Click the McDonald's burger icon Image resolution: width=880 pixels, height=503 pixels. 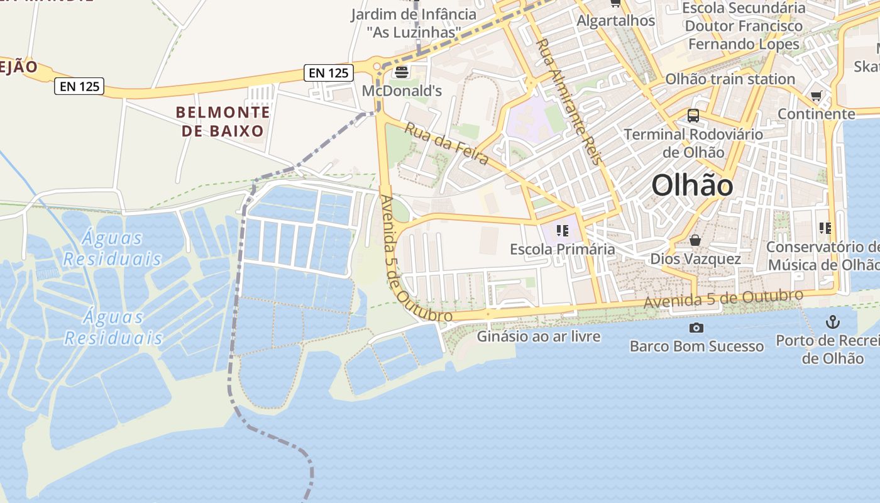pos(401,72)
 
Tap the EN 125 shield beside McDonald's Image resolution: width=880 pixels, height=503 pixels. pos(329,73)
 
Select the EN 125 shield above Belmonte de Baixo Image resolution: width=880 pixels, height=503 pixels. pos(79,86)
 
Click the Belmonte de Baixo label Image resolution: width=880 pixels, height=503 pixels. pos(223,122)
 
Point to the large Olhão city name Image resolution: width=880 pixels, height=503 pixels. pos(692,185)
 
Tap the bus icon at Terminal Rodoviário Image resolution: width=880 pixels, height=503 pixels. pos(693,116)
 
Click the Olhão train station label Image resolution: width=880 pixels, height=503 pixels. pos(730,79)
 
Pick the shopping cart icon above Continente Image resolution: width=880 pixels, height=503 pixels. pos(816,96)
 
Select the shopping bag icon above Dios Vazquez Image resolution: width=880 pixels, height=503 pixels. pos(695,240)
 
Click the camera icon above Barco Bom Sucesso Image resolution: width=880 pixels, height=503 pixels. pos(696,328)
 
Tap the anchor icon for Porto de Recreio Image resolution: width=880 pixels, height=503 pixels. pos(832,323)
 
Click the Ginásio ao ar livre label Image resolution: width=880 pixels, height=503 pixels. pos(539,336)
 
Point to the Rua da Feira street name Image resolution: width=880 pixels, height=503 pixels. pos(446,144)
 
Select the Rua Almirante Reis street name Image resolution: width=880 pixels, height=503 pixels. pos(569,101)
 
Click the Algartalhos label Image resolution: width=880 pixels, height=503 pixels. pos(616,21)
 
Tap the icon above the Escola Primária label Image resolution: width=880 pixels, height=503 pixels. pos(562,231)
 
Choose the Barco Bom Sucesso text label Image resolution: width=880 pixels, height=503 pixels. pos(696,346)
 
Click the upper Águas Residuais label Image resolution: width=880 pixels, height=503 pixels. pos(113,248)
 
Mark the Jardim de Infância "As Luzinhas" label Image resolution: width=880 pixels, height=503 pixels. pos(414,23)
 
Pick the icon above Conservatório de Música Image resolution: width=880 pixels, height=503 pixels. pos(825,228)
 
